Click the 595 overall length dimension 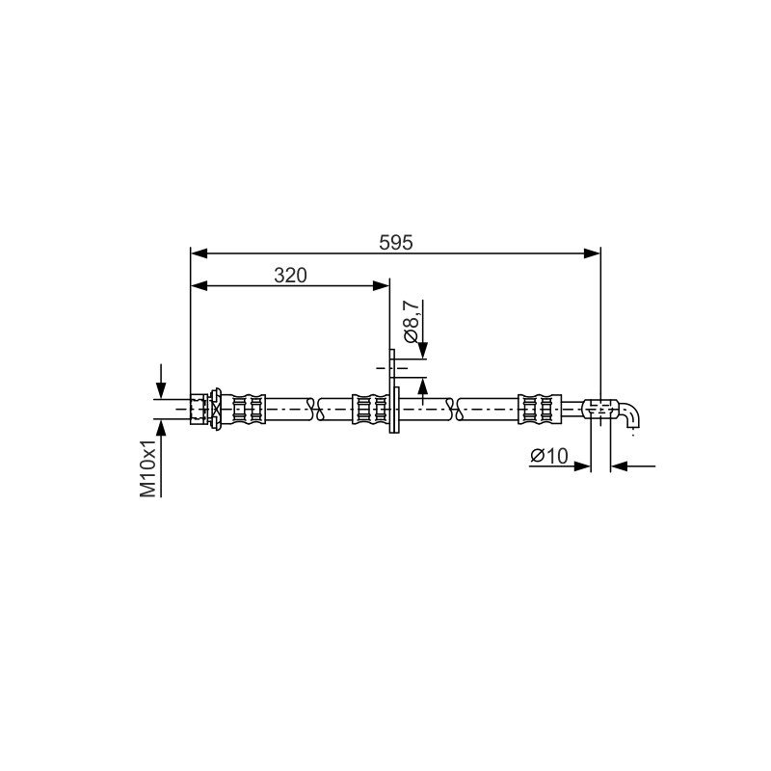pos(396,243)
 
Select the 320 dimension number pos(290,276)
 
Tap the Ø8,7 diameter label pos(412,322)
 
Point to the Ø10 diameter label pos(548,456)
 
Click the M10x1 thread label pos(148,467)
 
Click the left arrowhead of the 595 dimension pos(199,253)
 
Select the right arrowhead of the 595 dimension pos(592,253)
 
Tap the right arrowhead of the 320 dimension pos(381,285)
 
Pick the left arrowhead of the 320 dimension pos(199,285)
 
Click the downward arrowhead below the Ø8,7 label pos(423,351)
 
